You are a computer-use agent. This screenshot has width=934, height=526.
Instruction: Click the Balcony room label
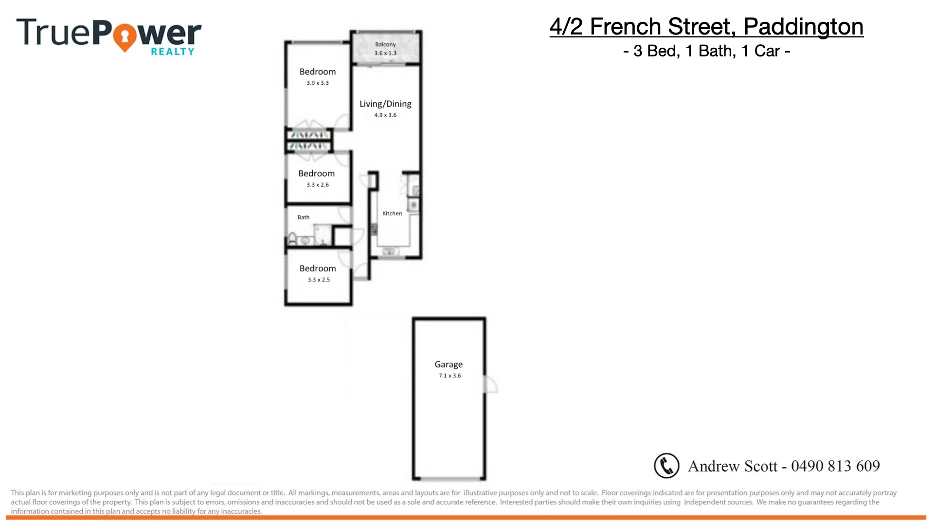point(385,44)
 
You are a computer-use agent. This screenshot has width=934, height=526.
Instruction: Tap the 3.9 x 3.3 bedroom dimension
point(318,83)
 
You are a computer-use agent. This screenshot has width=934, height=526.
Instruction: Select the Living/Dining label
point(385,104)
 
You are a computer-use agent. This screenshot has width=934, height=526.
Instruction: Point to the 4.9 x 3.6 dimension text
point(385,115)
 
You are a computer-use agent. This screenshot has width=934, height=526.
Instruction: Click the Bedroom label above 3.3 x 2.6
point(316,173)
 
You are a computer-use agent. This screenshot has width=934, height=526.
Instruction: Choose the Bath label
point(304,217)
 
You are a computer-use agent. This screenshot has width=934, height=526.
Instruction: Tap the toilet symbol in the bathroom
point(293,239)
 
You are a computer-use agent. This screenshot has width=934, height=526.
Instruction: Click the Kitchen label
point(392,213)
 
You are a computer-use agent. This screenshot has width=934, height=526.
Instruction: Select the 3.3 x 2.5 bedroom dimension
point(319,280)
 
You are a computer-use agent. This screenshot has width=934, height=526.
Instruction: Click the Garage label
point(449,364)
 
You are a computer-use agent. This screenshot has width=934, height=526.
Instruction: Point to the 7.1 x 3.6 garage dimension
point(449,376)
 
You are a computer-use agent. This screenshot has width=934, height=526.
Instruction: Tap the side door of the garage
point(491,384)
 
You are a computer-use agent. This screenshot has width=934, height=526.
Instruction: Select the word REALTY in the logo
point(173,51)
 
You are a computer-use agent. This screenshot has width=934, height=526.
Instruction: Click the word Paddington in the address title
point(803,26)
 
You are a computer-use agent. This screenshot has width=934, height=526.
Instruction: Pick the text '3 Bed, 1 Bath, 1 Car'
point(706,51)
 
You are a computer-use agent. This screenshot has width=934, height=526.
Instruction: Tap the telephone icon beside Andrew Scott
point(666,466)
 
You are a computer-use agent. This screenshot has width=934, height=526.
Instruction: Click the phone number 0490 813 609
point(835,466)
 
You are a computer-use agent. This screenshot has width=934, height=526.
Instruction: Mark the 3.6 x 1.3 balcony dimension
point(385,53)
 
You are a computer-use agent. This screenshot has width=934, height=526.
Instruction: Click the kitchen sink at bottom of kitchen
point(390,251)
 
